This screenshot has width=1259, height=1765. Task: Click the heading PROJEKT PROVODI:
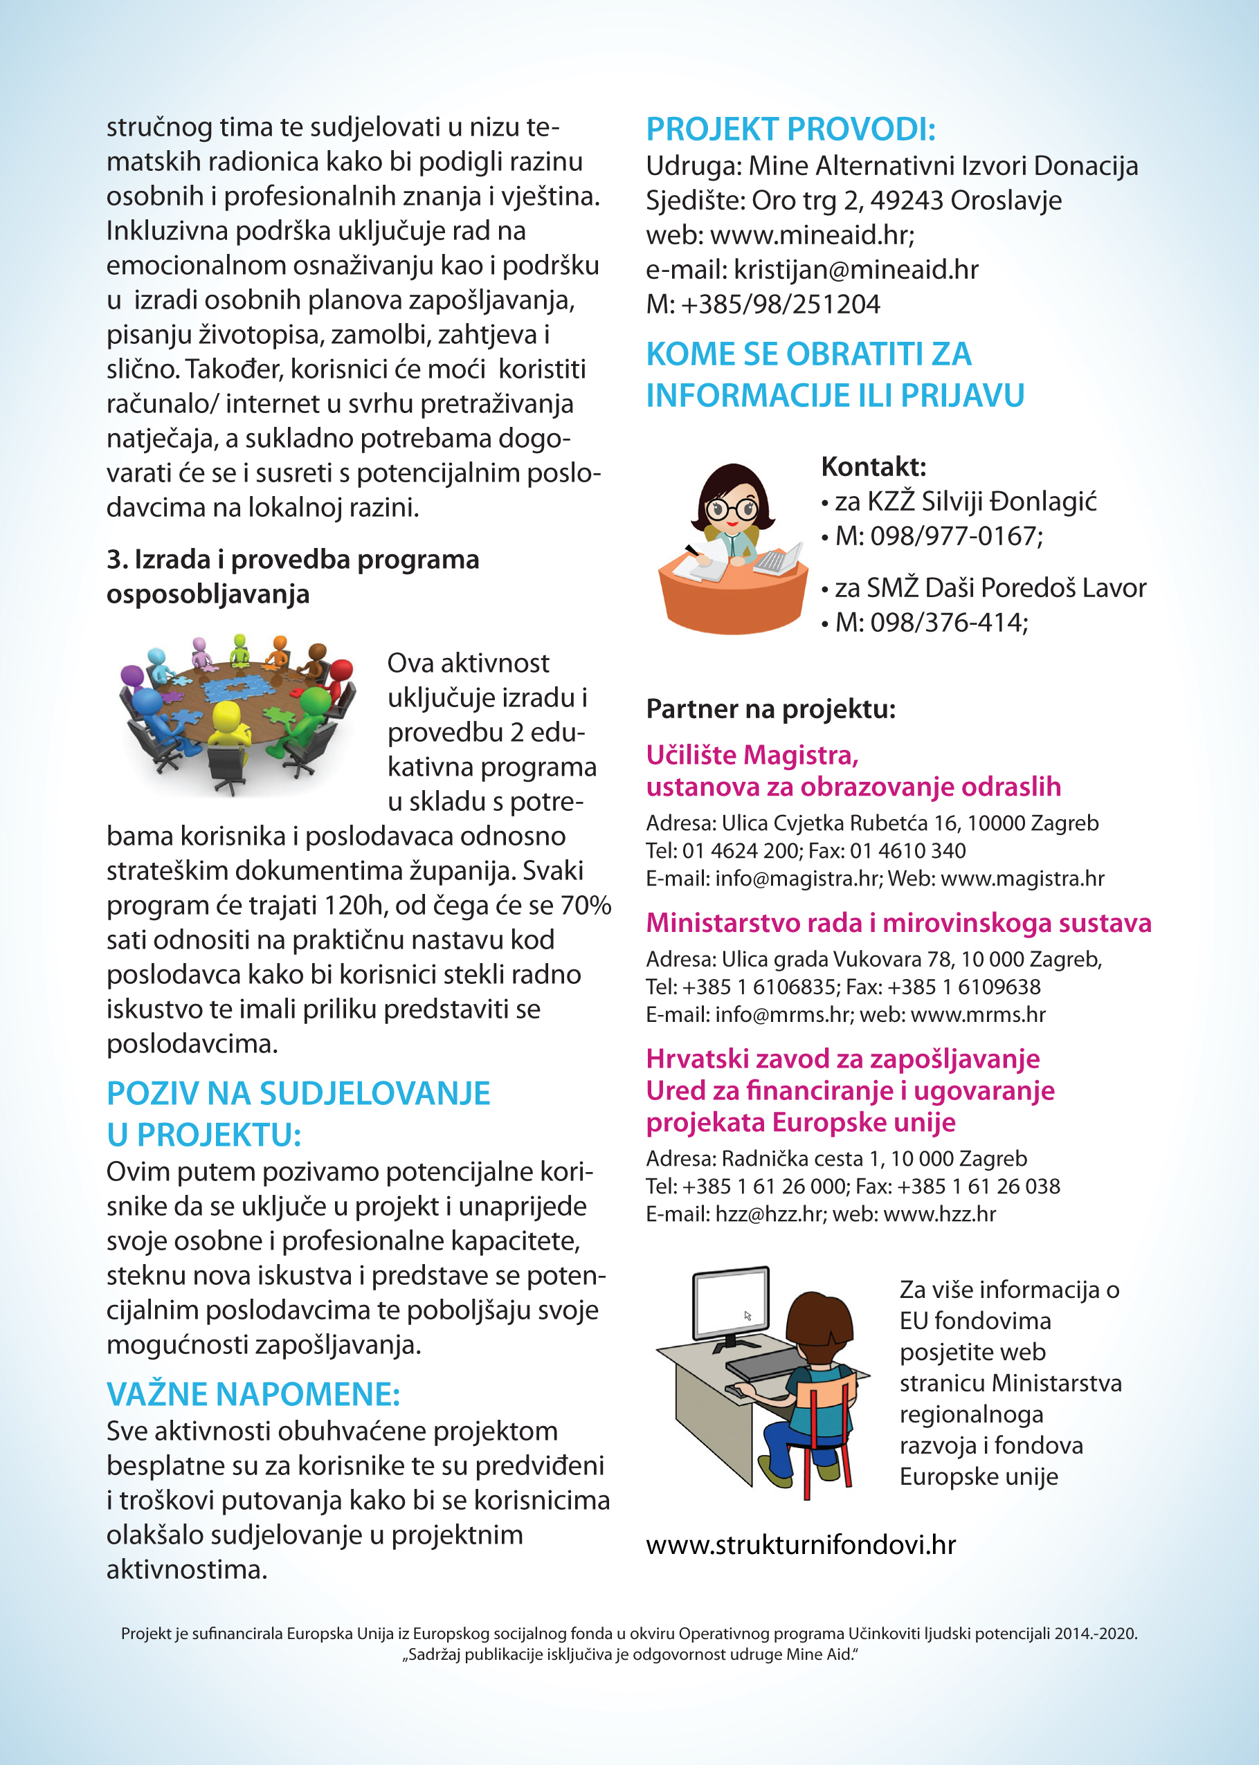coord(790,129)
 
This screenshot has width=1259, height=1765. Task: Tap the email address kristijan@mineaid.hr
coord(856,270)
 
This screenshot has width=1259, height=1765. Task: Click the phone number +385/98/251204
coord(780,304)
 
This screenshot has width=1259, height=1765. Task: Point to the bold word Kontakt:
coord(873,466)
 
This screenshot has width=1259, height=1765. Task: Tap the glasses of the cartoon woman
coord(732,509)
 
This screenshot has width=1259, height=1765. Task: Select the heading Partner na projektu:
coord(770,709)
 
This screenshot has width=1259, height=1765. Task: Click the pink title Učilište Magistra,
coord(752,755)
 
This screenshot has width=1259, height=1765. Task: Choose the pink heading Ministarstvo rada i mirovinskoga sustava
coord(898,923)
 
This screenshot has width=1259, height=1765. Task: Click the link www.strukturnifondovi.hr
coord(801,1545)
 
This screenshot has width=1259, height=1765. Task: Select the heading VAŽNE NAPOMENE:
coord(253,1394)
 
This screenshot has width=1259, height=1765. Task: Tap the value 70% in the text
coord(586,905)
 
